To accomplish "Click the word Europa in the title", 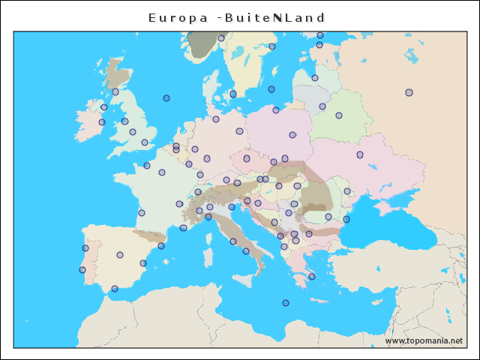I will point(178,17).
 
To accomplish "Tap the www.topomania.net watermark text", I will point(424,340).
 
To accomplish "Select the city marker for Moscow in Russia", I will point(409,92).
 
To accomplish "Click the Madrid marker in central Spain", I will point(120,255).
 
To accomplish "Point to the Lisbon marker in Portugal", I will point(82,270).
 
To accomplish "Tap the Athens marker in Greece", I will point(312,277).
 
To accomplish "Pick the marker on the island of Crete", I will point(285,303).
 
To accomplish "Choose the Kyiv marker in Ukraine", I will point(360,154).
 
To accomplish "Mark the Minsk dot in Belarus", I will point(339,115).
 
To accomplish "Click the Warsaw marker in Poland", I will point(292,135).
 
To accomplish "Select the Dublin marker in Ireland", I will point(102,122).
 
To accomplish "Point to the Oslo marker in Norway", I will point(221,37).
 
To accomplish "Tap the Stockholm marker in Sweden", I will point(272,46).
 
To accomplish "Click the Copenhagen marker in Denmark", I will point(233,94).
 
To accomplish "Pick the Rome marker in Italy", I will point(233,241).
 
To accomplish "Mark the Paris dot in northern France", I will point(162,172).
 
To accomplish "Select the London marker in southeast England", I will point(145,142).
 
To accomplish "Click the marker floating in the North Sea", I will point(166,98).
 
